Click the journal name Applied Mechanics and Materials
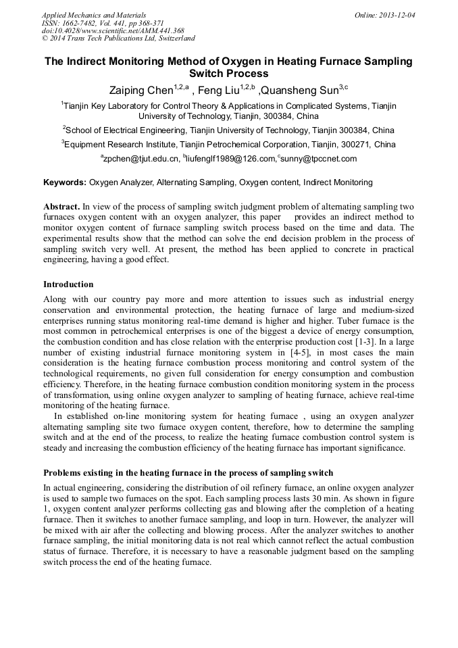[x=93, y=15]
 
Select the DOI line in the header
[x=112, y=31]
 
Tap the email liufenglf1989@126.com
[x=232, y=159]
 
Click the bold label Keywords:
[x=65, y=182]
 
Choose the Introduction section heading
[x=68, y=284]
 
